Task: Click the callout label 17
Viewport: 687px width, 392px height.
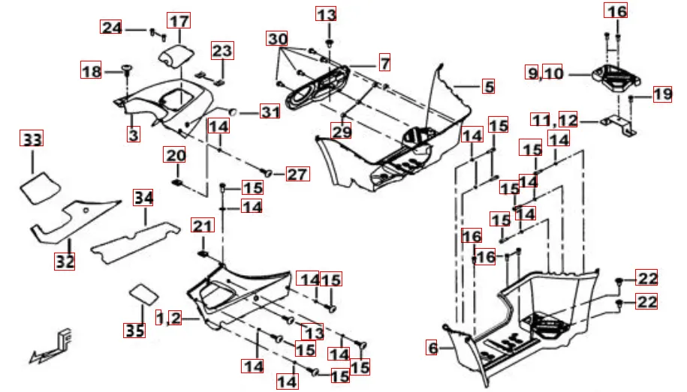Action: click(x=179, y=22)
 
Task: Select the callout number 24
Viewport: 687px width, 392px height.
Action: click(x=112, y=28)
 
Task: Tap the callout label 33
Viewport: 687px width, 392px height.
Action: click(x=32, y=139)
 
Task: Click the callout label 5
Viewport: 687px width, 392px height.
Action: click(x=488, y=87)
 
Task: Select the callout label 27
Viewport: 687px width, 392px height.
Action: click(x=297, y=175)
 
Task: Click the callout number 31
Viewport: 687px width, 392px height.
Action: click(x=270, y=112)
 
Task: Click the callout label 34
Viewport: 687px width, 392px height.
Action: click(x=143, y=198)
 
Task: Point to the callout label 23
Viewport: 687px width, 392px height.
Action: click(x=222, y=51)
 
